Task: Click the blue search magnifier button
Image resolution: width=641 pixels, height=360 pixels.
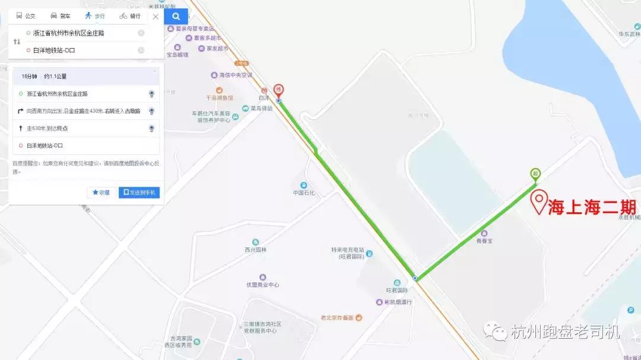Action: pyautogui.click(x=176, y=16)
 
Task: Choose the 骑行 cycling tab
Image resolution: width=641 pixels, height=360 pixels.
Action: pyautogui.click(x=131, y=16)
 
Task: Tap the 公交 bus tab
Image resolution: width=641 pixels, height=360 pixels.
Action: pyautogui.click(x=26, y=16)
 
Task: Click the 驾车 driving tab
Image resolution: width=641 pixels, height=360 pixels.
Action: pyautogui.click(x=61, y=16)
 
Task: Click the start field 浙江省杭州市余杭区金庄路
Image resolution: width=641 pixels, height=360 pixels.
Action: pyautogui.click(x=77, y=33)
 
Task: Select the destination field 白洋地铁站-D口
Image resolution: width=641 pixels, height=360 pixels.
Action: pyautogui.click(x=77, y=50)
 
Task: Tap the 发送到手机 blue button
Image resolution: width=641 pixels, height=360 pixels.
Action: pyautogui.click(x=139, y=193)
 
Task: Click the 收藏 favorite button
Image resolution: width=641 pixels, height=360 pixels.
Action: pyautogui.click(x=101, y=193)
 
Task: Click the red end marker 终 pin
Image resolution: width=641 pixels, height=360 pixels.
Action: pyautogui.click(x=278, y=91)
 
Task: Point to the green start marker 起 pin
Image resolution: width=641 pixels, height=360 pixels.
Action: pyautogui.click(x=535, y=174)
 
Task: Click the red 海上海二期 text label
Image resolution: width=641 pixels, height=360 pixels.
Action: pyautogui.click(x=592, y=207)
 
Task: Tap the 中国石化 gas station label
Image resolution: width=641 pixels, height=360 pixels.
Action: pyautogui.click(x=304, y=193)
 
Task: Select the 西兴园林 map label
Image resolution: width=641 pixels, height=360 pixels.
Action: pyautogui.click(x=256, y=250)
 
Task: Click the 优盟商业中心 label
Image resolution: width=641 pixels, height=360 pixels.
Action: pyautogui.click(x=262, y=285)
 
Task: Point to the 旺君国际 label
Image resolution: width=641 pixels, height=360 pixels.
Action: pyautogui.click(x=397, y=290)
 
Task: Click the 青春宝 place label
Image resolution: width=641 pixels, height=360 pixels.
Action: pyautogui.click(x=484, y=241)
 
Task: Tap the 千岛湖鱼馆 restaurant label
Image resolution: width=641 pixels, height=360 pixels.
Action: pyautogui.click(x=220, y=97)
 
